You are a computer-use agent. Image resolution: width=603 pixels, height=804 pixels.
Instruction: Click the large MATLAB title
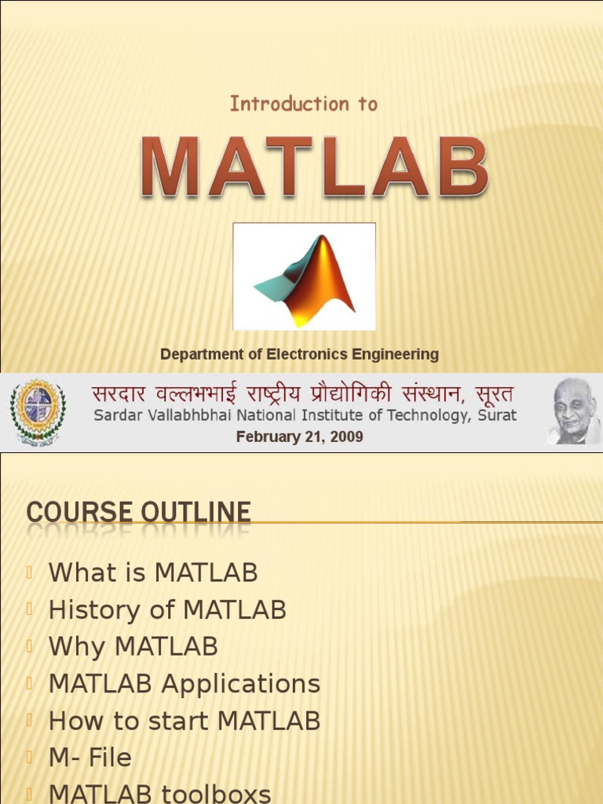click(x=315, y=167)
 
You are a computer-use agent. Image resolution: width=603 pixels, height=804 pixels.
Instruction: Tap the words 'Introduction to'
click(x=303, y=104)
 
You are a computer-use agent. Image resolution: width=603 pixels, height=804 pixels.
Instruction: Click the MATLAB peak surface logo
click(x=305, y=277)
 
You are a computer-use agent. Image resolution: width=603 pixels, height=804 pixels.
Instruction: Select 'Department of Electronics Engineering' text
click(x=299, y=354)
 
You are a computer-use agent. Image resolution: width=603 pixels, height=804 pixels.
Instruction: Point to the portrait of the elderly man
click(x=573, y=411)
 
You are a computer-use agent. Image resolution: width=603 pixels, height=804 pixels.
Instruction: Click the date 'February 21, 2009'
click(x=300, y=437)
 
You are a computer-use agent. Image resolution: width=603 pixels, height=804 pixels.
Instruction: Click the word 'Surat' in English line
click(x=498, y=416)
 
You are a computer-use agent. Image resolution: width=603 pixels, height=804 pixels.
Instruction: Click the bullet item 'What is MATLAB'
click(x=153, y=572)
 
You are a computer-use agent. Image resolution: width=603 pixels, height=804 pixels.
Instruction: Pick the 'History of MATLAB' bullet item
click(x=167, y=609)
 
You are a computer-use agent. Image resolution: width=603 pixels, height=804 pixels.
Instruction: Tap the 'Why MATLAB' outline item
click(x=133, y=646)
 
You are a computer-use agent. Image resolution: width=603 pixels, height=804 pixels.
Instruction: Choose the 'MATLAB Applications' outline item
click(x=185, y=683)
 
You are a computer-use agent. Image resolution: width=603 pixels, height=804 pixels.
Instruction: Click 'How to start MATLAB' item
click(x=185, y=720)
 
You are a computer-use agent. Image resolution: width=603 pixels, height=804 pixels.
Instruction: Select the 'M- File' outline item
click(x=90, y=757)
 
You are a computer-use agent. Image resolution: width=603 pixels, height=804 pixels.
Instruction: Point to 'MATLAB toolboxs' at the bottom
click(x=159, y=792)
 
